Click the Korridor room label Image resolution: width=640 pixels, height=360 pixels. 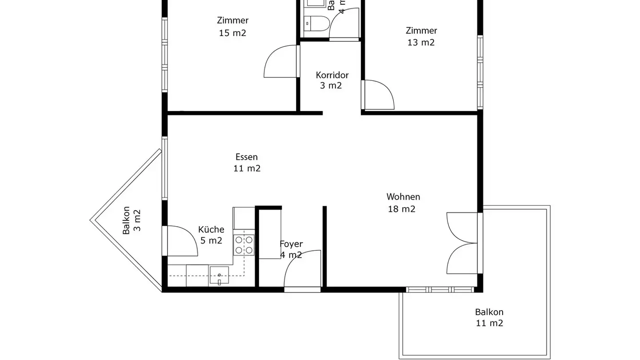tap(332, 75)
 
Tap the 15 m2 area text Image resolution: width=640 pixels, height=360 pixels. tap(232, 33)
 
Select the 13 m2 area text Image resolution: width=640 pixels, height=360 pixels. tap(421, 43)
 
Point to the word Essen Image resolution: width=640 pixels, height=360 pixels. tap(247, 157)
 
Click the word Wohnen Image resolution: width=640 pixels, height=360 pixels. tap(403, 196)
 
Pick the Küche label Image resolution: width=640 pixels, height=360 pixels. tap(211, 230)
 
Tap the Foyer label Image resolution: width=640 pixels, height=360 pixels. tap(291, 244)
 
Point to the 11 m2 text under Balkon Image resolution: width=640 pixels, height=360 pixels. tap(489, 323)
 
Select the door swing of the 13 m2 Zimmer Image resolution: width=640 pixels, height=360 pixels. tap(379, 95)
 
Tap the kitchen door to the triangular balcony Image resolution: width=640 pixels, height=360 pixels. tap(182, 241)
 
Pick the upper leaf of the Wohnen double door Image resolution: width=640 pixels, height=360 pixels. tap(462, 228)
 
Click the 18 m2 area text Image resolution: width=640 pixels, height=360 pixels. tap(402, 209)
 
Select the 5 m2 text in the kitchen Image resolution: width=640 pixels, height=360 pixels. tap(211, 241)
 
